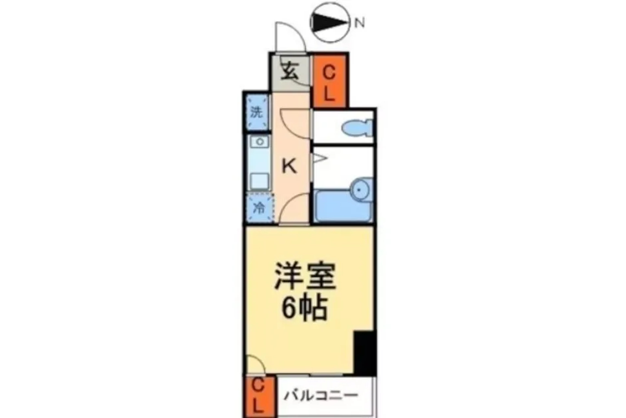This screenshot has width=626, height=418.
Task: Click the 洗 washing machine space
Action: pos(257,112)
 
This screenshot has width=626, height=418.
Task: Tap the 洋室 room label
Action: pos(305,276)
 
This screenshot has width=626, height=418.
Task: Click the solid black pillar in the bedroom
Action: pos(365,353)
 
